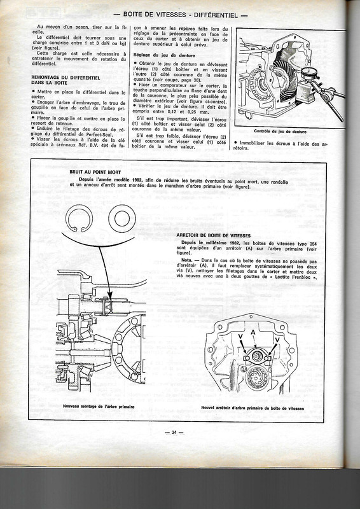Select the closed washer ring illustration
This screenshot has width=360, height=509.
pyautogui.click(x=122, y=219)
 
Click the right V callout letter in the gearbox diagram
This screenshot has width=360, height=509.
pyautogui.click(x=277, y=339)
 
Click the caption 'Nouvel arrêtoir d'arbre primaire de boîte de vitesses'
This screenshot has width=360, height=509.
pyautogui.click(x=253, y=407)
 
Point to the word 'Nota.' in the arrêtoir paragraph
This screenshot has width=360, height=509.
pyautogui.click(x=188, y=261)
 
